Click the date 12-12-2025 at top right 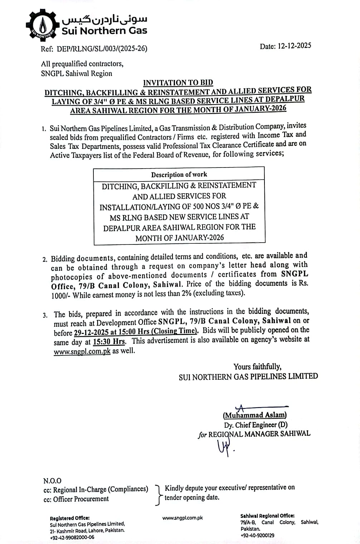(x=294, y=46)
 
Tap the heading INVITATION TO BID (x=178, y=83)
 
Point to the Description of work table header (x=179, y=174)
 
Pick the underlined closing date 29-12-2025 (x=91, y=332)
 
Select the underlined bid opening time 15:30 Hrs (x=109, y=341)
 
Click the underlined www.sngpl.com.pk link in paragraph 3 (x=82, y=351)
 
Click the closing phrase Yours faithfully (x=257, y=366)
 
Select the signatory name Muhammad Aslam (x=255, y=415)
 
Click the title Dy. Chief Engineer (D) (x=256, y=425)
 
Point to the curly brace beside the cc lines (x=157, y=495)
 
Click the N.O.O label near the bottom (x=52, y=481)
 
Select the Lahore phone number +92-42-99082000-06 (x=72, y=537)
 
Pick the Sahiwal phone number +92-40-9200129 (x=257, y=535)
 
